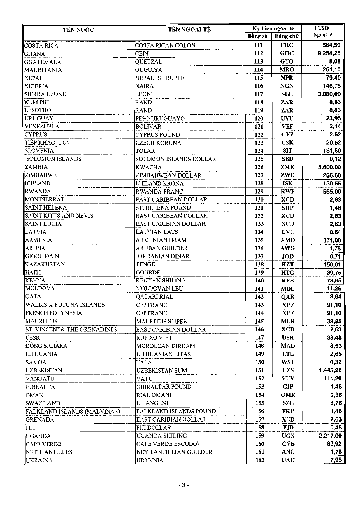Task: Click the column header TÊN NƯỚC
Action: pyautogui.click(x=78, y=30)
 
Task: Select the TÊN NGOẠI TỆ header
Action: pyautogui.click(x=189, y=30)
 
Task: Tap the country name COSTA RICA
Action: pyautogui.click(x=41, y=45)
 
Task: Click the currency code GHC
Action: pyautogui.click(x=287, y=53)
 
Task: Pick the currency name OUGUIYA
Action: pyautogui.click(x=149, y=70)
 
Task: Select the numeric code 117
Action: pyautogui.click(x=259, y=94)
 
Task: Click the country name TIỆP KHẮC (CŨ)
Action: pyautogui.click(x=47, y=143)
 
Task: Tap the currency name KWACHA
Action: pyautogui.click(x=148, y=167)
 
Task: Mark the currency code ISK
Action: pyautogui.click(x=287, y=183)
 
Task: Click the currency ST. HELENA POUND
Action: pyautogui.click(x=163, y=208)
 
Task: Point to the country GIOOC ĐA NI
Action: pyautogui.click(x=43, y=256)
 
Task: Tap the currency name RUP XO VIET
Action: pyautogui.click(x=154, y=338)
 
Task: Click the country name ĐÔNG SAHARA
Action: pyautogui.click(x=46, y=346)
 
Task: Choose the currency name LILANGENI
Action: pyautogui.click(x=152, y=403)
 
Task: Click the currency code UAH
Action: pyautogui.click(x=288, y=460)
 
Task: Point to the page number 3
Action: pyautogui.click(x=184, y=486)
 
